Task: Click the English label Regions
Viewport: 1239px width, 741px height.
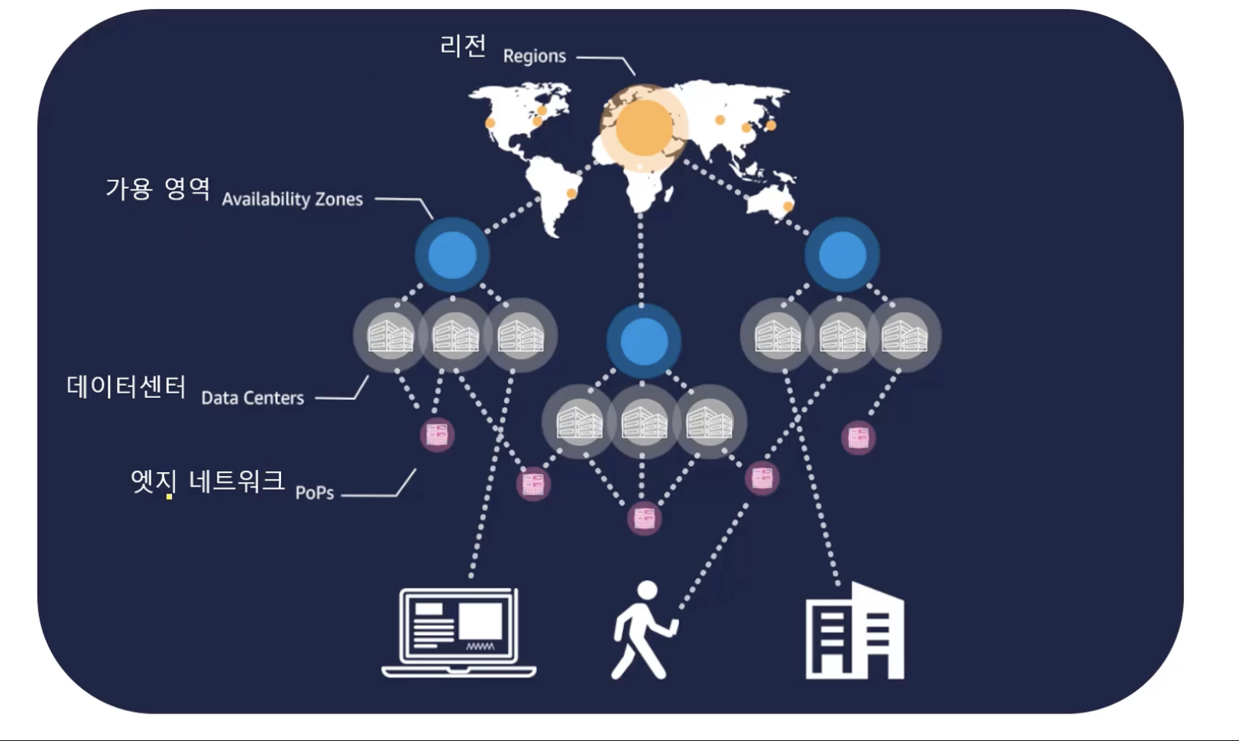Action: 534,57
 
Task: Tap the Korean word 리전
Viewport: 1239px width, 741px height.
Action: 463,46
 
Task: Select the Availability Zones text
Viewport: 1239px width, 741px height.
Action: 292,199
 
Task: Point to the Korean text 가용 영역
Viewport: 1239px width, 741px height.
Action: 157,188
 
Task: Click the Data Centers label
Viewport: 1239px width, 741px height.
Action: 252,398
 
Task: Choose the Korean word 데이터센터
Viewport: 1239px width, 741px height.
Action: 126,387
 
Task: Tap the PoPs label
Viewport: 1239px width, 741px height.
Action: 315,493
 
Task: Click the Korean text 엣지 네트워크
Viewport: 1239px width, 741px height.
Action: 208,481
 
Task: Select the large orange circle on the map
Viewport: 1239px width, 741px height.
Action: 644,126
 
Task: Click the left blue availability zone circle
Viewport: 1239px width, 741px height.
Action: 452,254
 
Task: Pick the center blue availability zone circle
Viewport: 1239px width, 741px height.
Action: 644,341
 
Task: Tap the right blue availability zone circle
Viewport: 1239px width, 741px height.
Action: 842,254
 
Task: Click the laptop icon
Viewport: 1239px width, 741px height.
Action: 459,632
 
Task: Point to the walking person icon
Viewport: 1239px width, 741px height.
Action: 643,631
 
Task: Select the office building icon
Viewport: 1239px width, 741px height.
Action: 855,632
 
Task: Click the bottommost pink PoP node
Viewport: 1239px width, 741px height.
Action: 644,519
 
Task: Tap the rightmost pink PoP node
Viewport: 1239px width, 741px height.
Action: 858,438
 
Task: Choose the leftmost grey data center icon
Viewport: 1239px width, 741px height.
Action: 390,335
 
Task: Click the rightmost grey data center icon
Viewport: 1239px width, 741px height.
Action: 904,335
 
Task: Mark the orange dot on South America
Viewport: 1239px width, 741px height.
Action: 571,193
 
